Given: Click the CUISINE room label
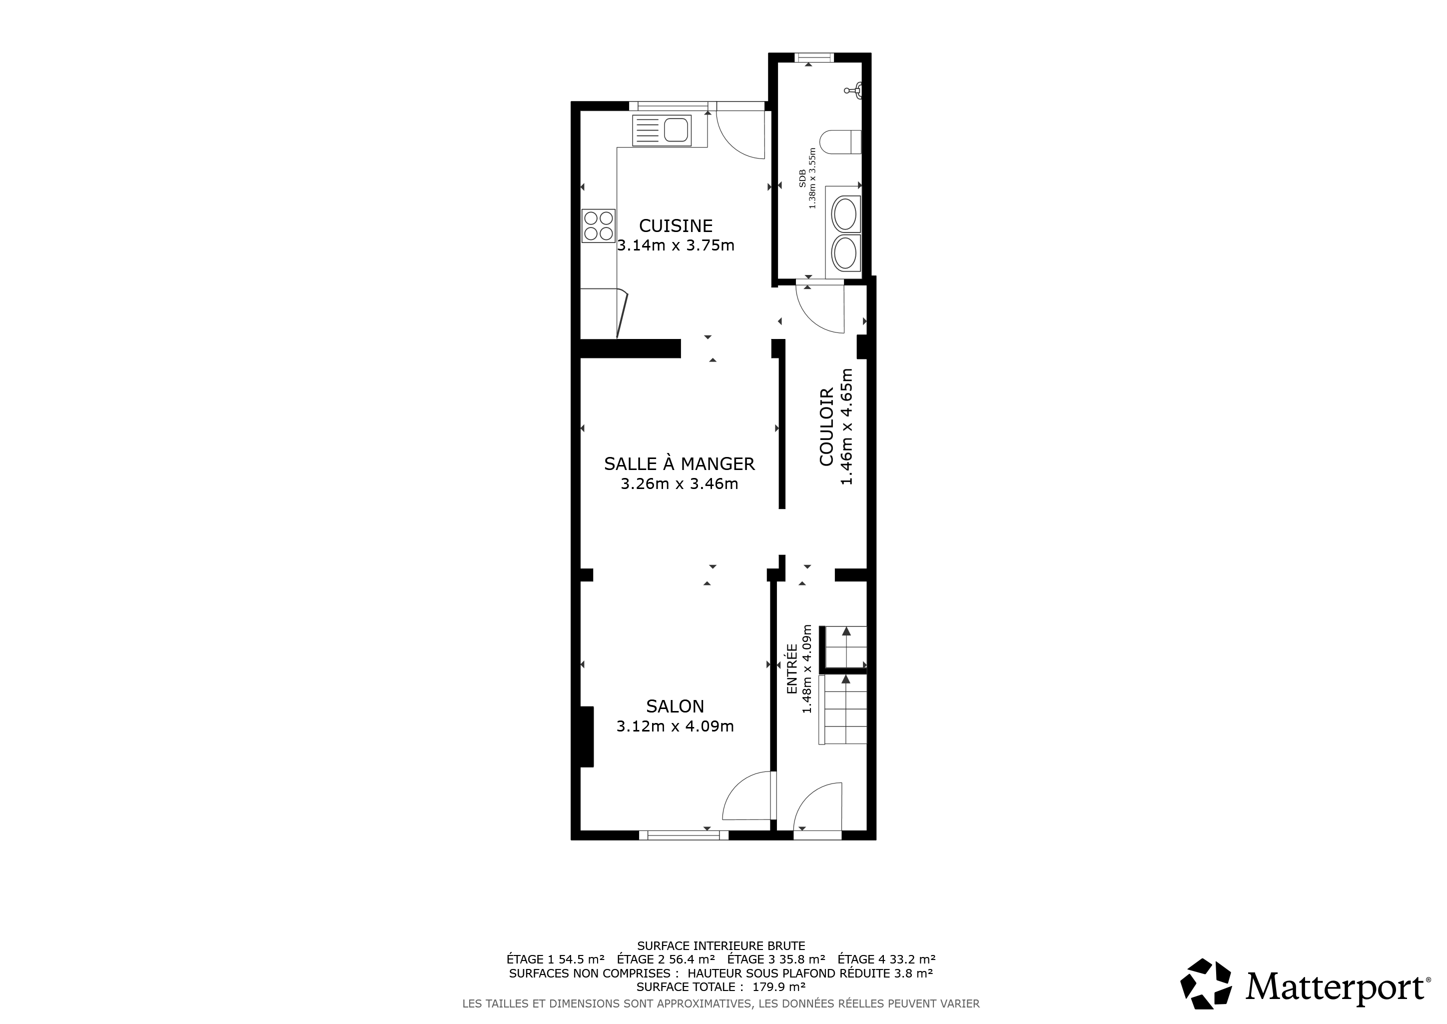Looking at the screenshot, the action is pyautogui.click(x=676, y=225).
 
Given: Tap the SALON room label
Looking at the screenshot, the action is pyautogui.click(x=675, y=706).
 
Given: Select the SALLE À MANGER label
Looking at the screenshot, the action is pyautogui.click(x=680, y=463).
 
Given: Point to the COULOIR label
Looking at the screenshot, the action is pyautogui.click(x=827, y=427).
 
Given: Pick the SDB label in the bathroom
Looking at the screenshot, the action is pyautogui.click(x=802, y=178).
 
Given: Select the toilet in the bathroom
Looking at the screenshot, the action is pyautogui.click(x=841, y=142).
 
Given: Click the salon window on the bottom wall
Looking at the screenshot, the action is pyautogui.click(x=684, y=835).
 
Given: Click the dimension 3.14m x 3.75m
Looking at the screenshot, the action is pyautogui.click(x=676, y=245).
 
